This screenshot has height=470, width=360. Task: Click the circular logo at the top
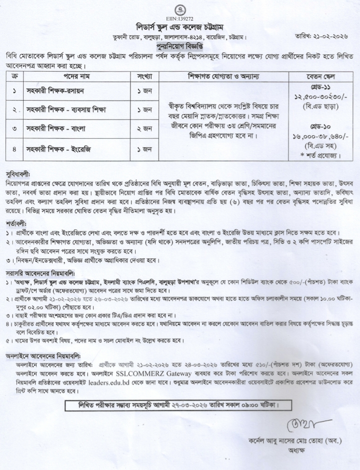(x=179, y=10)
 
